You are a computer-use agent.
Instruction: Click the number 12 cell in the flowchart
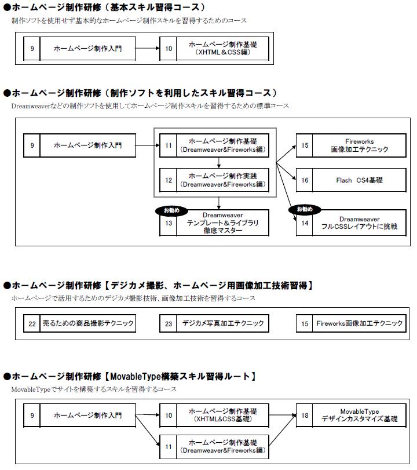[x=169, y=180]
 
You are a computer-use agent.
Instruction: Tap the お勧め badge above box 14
[x=305, y=209]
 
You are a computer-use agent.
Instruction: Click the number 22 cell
[x=32, y=323]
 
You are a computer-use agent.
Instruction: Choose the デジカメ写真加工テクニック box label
[x=223, y=323]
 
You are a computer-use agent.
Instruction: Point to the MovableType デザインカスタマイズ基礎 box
[x=359, y=416]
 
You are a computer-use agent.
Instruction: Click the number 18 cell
[x=305, y=416]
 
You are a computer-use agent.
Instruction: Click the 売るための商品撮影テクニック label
[x=87, y=323]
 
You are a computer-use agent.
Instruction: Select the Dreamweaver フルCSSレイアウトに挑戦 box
[x=359, y=223]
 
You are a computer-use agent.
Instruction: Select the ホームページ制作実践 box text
[x=222, y=180]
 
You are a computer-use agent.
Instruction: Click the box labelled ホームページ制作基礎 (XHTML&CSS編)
[x=222, y=49]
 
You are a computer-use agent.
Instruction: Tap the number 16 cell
[x=305, y=180]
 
